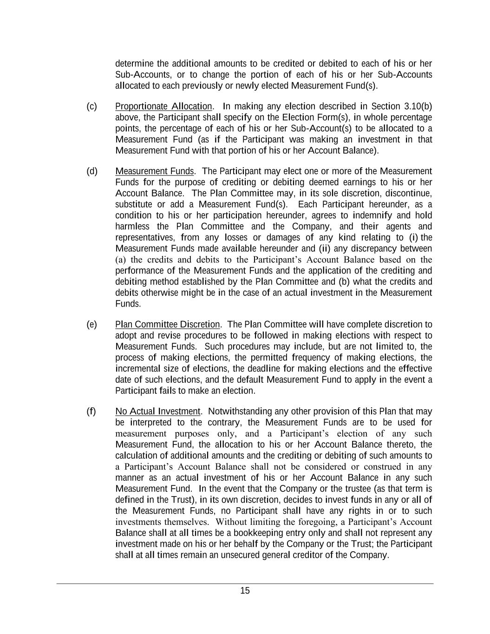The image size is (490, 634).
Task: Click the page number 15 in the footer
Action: [245, 591]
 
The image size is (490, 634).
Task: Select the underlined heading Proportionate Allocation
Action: [163, 106]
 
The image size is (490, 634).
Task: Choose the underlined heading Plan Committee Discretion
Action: [167, 324]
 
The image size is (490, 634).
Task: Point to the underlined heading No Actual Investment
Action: [158, 411]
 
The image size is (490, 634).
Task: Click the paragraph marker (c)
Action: [91, 106]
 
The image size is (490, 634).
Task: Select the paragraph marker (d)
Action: [92, 171]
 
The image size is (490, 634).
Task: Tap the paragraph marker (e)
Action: [91, 324]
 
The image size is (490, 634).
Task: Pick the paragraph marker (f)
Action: [91, 411]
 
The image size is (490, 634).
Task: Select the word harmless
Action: [132, 227]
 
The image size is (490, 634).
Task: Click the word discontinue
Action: [410, 193]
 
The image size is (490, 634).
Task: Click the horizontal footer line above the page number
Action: [245, 583]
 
